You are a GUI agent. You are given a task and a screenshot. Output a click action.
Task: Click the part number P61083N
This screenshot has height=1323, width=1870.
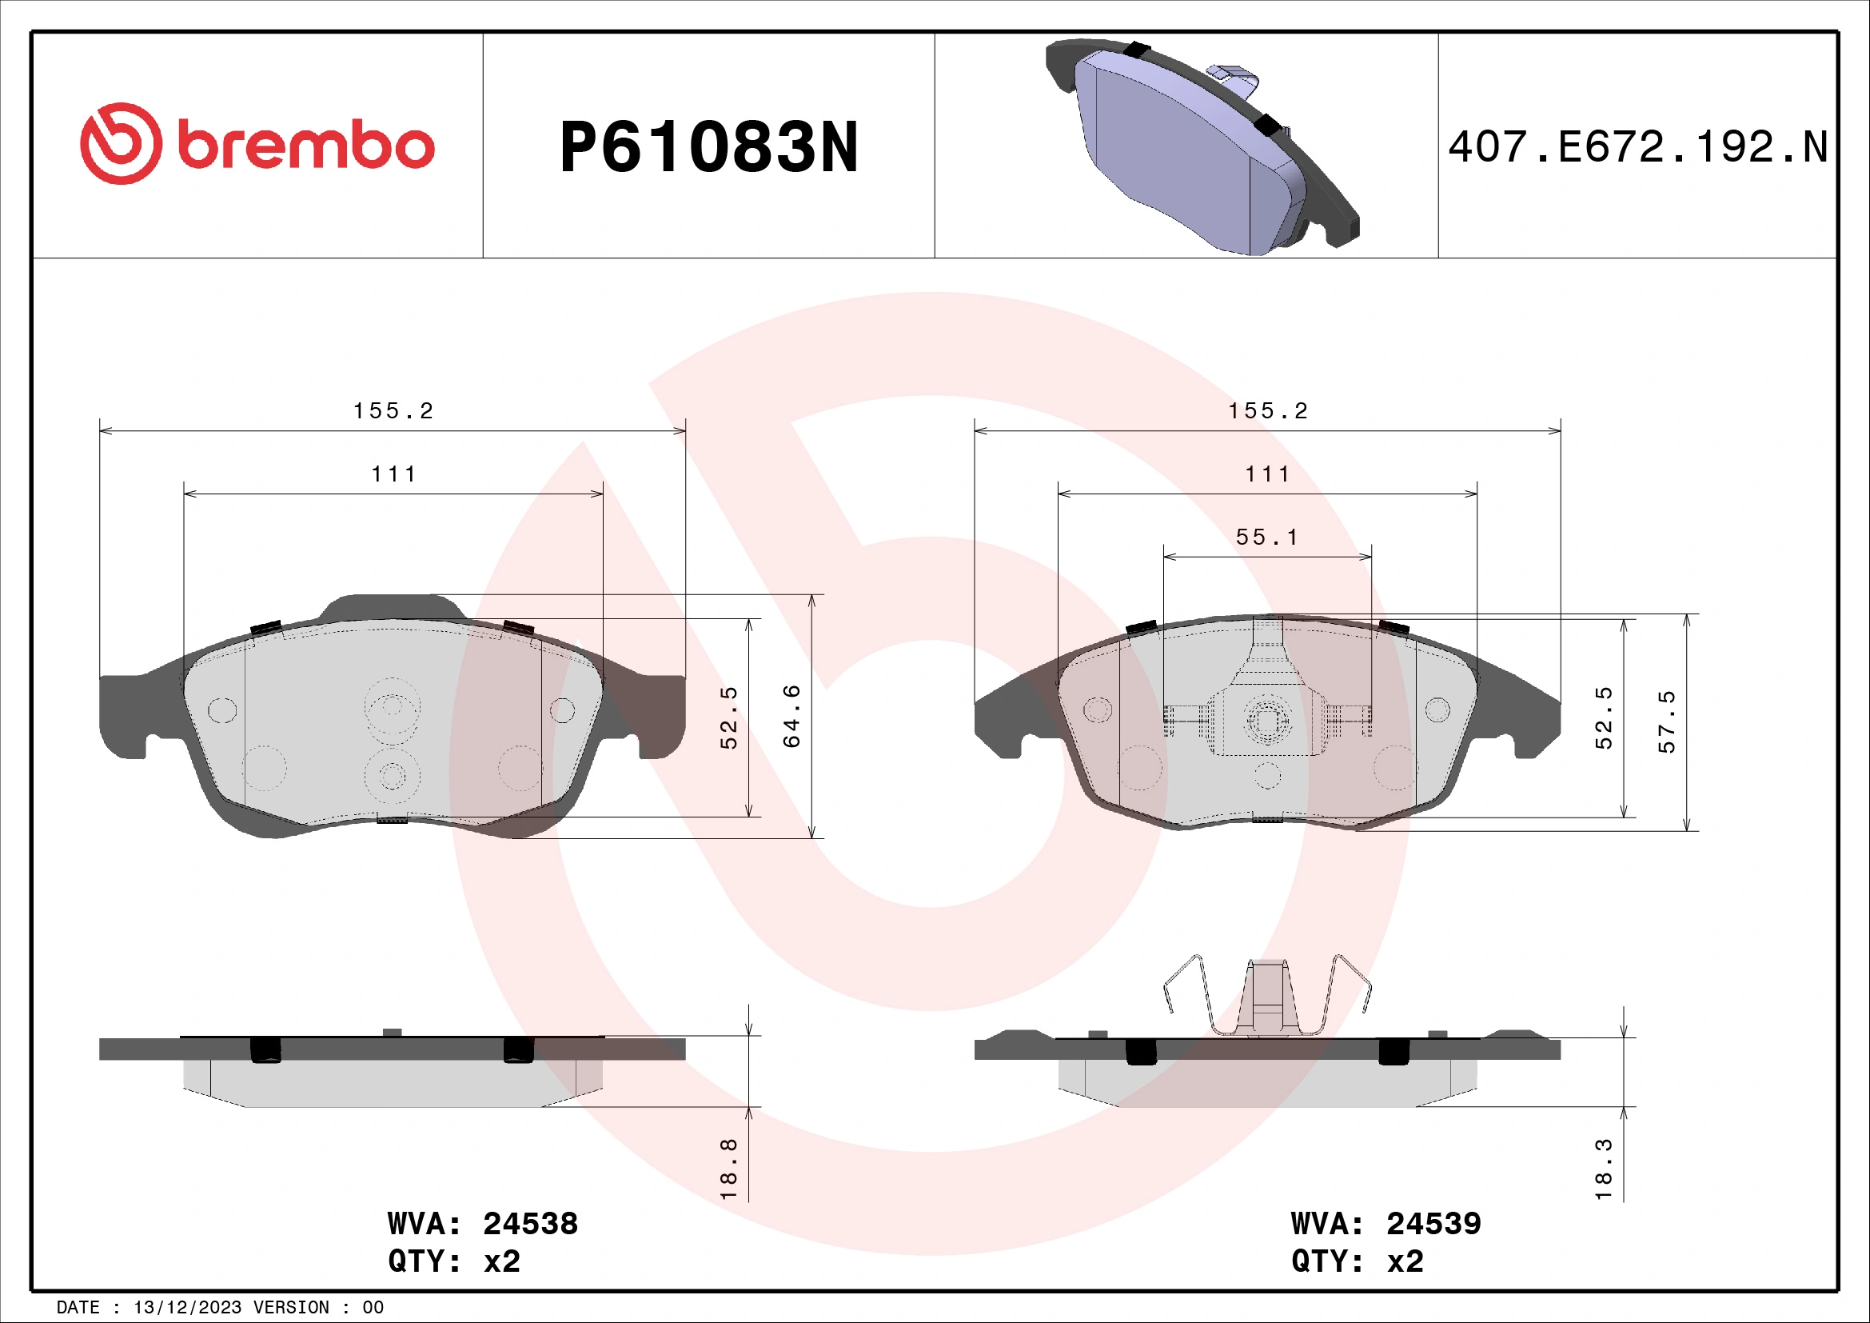click(708, 147)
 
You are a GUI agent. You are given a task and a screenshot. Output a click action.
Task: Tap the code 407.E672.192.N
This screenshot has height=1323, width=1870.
click(1638, 147)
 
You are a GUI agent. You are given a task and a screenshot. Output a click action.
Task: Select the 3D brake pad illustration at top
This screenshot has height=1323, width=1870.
click(1202, 146)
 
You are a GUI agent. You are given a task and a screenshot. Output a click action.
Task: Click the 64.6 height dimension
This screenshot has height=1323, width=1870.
click(791, 716)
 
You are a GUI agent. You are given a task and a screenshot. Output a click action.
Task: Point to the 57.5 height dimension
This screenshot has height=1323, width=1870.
click(1667, 721)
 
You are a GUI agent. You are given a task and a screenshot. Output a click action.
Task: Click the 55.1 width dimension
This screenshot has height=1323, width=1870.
click(1266, 537)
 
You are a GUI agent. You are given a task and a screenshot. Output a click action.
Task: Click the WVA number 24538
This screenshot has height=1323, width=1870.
click(530, 1224)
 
